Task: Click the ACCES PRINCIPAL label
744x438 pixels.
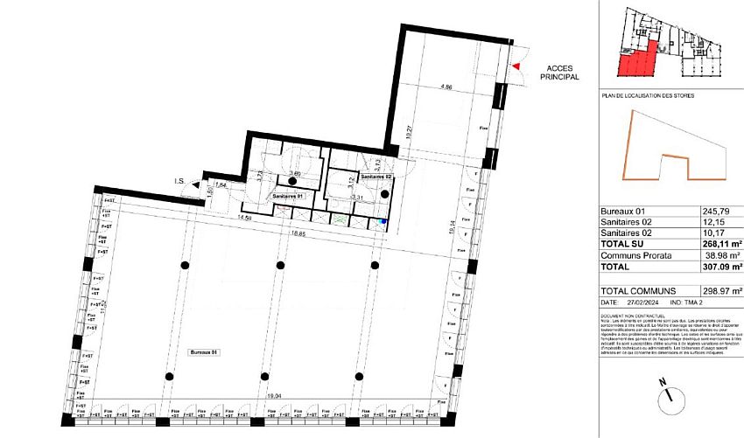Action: coord(559,72)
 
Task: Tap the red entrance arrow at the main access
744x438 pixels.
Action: coord(516,66)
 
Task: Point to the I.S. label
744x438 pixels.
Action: coord(179,182)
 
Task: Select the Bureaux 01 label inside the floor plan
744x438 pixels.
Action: coord(203,351)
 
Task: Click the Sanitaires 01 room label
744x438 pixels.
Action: coord(287,198)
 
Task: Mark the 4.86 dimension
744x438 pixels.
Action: coord(446,87)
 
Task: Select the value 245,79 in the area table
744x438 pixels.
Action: coord(715,212)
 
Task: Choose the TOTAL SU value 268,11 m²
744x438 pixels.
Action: coord(721,245)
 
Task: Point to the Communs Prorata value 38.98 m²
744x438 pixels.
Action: coord(721,255)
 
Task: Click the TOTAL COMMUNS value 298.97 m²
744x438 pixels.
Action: coord(721,290)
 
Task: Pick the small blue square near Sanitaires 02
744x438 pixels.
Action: coord(382,223)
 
